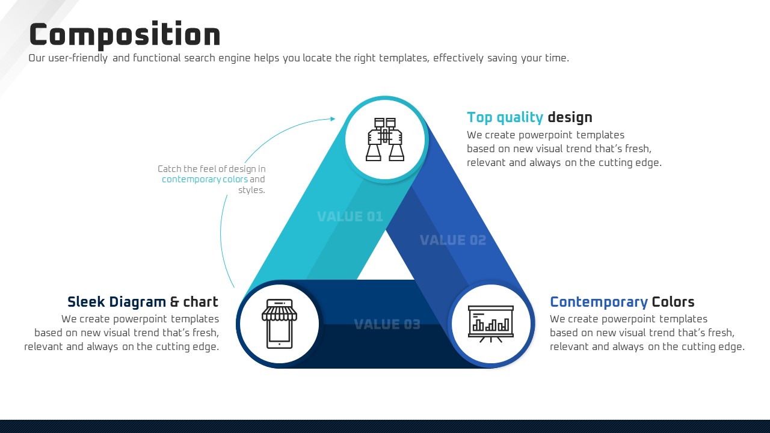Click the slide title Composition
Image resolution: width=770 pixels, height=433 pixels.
(x=125, y=34)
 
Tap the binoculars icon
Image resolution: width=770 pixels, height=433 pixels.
(x=384, y=140)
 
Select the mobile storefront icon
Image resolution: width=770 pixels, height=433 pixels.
(x=279, y=324)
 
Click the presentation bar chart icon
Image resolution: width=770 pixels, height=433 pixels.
(x=490, y=324)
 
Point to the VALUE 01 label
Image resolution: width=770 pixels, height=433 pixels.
(x=350, y=216)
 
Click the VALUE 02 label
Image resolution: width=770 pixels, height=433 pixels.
(x=453, y=240)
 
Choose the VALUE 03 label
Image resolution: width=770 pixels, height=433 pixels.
(x=387, y=324)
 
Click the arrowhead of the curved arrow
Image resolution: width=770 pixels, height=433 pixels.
(x=333, y=119)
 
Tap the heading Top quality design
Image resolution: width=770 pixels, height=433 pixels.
(x=529, y=117)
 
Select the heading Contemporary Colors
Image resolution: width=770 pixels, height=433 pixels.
(x=622, y=302)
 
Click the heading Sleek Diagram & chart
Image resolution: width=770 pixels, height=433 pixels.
(x=143, y=302)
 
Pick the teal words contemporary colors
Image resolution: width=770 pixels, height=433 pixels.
(x=205, y=179)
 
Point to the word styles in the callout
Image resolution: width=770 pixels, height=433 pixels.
(x=251, y=190)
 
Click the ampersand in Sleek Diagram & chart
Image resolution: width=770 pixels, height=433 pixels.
(x=174, y=302)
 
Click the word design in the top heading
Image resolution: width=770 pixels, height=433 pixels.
(x=570, y=117)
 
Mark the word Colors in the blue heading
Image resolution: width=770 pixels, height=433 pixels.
(x=673, y=302)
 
